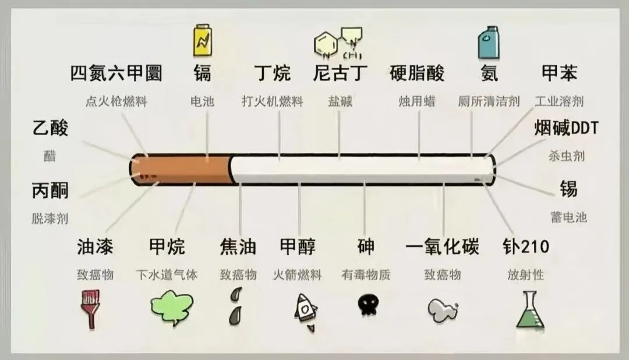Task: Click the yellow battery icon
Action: click(x=203, y=40)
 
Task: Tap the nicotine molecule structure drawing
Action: click(x=338, y=43)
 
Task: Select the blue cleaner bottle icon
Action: click(x=489, y=43)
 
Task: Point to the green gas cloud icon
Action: click(x=172, y=308)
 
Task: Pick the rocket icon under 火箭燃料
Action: click(x=306, y=312)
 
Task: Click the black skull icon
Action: click(x=368, y=305)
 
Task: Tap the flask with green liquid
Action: click(x=530, y=309)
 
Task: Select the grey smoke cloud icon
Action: click(x=443, y=310)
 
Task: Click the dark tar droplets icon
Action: click(x=236, y=306)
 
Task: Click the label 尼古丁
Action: click(x=340, y=73)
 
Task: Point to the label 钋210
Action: click(x=526, y=246)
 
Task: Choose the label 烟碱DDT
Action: click(x=566, y=128)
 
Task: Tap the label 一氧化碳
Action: click(x=442, y=246)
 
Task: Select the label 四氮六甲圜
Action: click(x=116, y=73)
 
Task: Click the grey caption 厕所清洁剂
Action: click(x=489, y=101)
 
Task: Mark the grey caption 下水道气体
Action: click(x=167, y=275)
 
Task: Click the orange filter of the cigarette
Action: click(x=181, y=170)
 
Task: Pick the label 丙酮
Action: click(x=50, y=190)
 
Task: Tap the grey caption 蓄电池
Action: click(x=568, y=217)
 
